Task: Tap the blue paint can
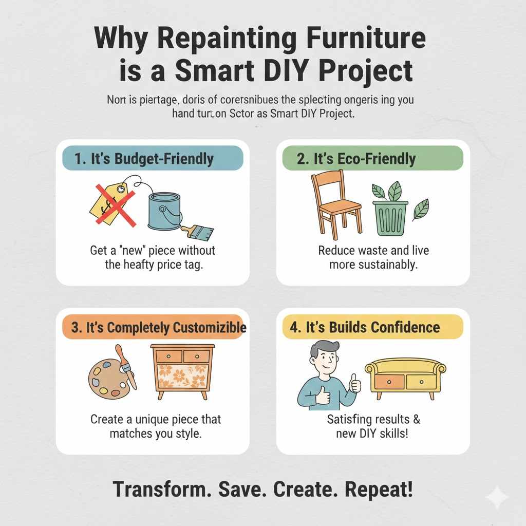(164, 210)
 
